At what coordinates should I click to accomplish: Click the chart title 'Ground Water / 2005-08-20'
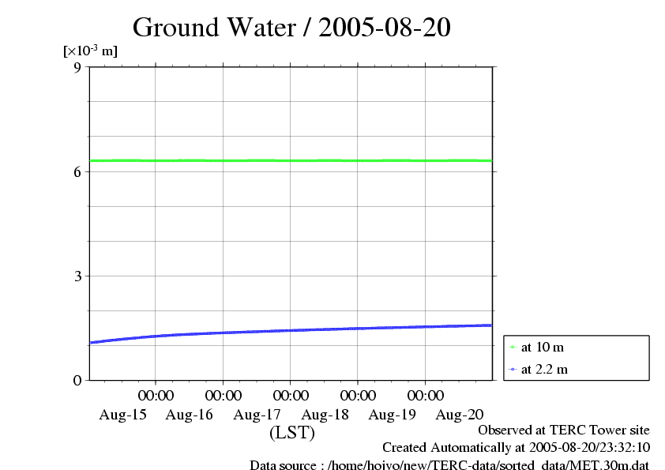(x=291, y=28)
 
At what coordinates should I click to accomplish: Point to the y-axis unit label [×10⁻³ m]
(x=90, y=51)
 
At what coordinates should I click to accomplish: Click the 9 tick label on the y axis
(x=77, y=67)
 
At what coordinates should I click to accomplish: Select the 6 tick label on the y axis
(x=77, y=171)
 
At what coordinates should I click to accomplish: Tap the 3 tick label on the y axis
(x=77, y=276)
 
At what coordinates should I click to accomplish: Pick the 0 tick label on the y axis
(x=77, y=381)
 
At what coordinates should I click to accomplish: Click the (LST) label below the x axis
(x=292, y=433)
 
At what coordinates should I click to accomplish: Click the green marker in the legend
(x=512, y=348)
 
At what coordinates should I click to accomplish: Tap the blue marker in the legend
(x=512, y=369)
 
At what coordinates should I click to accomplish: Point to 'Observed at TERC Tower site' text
(x=564, y=431)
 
